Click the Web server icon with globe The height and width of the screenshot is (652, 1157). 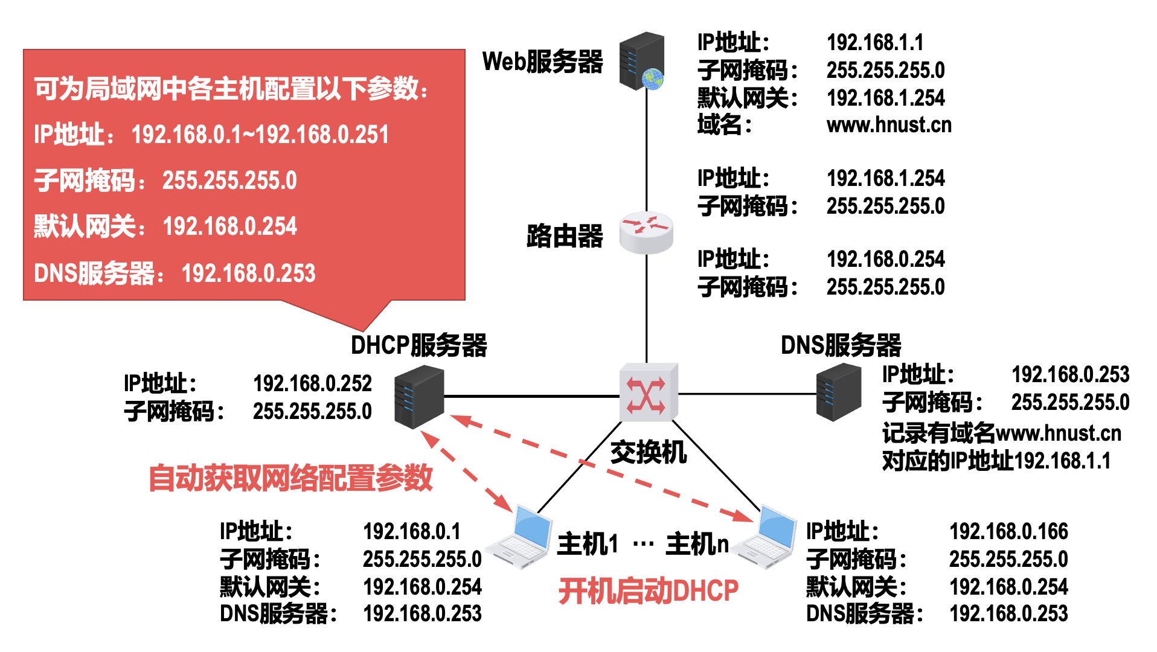[643, 62]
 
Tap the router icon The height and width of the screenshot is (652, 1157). [646, 232]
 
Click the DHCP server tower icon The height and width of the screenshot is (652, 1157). [419, 397]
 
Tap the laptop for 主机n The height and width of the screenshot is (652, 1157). [767, 537]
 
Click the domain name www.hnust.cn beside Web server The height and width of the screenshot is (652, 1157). [889, 126]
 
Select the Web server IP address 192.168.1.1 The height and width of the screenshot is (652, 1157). [875, 43]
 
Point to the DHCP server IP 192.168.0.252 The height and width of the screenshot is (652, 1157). [312, 383]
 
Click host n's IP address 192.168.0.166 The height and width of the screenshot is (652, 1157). [1008, 532]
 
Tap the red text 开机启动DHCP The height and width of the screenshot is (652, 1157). [648, 591]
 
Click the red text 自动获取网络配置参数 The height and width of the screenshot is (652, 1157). [290, 478]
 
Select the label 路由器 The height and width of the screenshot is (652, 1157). [565, 236]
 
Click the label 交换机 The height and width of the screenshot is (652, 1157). [648, 452]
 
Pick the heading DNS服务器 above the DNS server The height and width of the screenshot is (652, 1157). [841, 346]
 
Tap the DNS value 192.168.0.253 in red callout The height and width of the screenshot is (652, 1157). [249, 273]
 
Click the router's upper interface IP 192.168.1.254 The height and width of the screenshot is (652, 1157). [885, 179]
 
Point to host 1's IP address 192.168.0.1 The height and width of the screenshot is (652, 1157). [412, 532]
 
